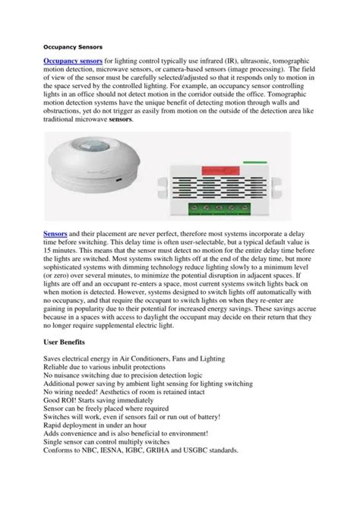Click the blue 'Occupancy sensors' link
[73, 60]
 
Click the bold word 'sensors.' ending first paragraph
[120, 119]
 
